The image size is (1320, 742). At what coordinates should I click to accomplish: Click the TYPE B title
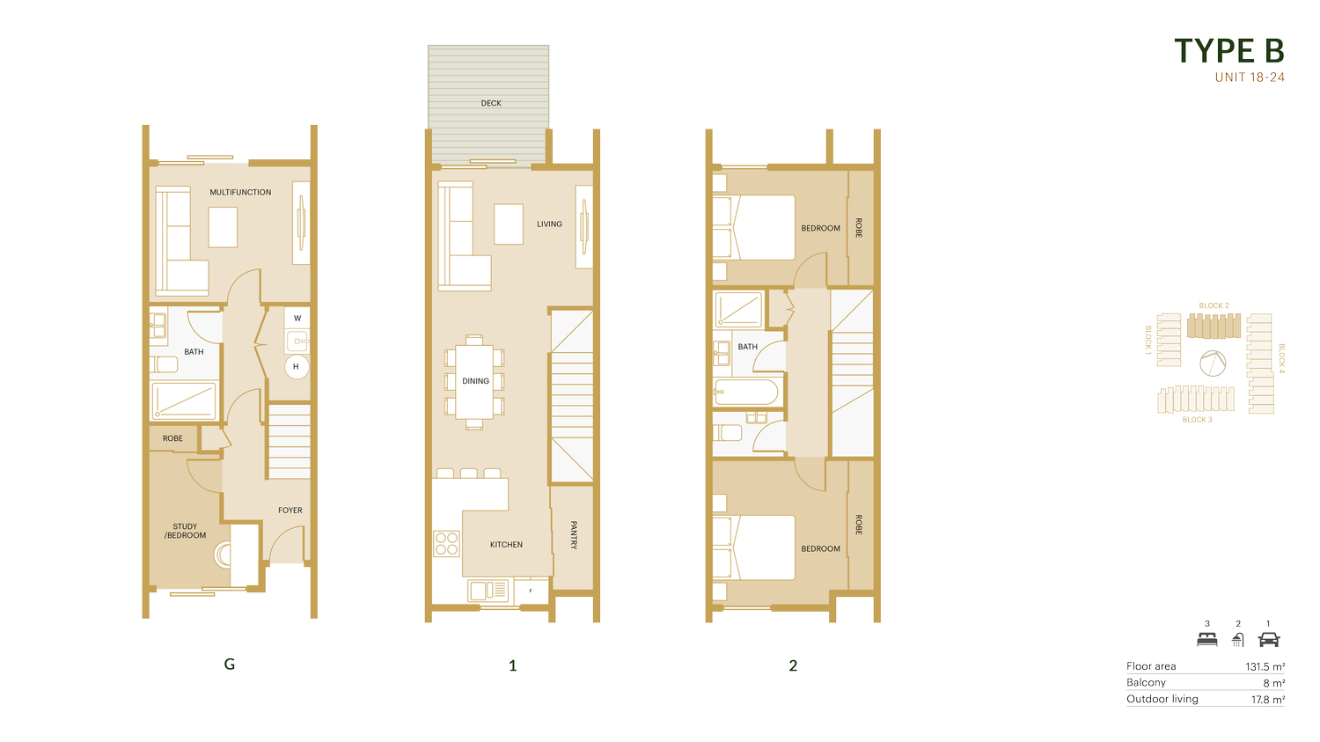pyautogui.click(x=1229, y=51)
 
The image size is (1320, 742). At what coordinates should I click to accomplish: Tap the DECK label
pyautogui.click(x=491, y=103)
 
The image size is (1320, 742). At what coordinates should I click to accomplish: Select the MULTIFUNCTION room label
pyautogui.click(x=240, y=192)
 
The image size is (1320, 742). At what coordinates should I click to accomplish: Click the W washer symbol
pyautogui.click(x=297, y=319)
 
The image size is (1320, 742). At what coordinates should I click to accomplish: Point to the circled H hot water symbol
pyautogui.click(x=296, y=366)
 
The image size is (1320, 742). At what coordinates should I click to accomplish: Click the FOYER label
pyautogui.click(x=290, y=511)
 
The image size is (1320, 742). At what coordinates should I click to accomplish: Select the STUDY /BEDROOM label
pyautogui.click(x=185, y=531)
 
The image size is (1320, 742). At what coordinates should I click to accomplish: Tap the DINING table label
pyautogui.click(x=475, y=381)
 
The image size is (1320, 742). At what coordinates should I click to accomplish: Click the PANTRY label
pyautogui.click(x=574, y=535)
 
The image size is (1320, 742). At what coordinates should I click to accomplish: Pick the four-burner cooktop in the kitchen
pyautogui.click(x=446, y=544)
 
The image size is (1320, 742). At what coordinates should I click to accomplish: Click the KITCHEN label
pyautogui.click(x=506, y=545)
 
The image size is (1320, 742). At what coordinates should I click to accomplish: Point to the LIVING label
pyautogui.click(x=549, y=224)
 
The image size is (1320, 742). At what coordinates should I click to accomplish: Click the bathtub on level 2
pyautogui.click(x=746, y=392)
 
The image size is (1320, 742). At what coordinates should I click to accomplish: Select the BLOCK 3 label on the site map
pyautogui.click(x=1197, y=420)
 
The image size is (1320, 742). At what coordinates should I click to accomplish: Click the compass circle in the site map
pyautogui.click(x=1213, y=363)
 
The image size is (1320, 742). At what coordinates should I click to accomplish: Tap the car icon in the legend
pyautogui.click(x=1269, y=639)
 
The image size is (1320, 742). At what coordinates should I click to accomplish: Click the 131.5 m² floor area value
pyautogui.click(x=1265, y=666)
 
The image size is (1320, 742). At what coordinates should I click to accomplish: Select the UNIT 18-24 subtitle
pyautogui.click(x=1250, y=77)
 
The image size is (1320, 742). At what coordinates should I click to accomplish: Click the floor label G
pyautogui.click(x=229, y=665)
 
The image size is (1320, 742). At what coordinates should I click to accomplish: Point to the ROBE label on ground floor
pyautogui.click(x=172, y=438)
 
